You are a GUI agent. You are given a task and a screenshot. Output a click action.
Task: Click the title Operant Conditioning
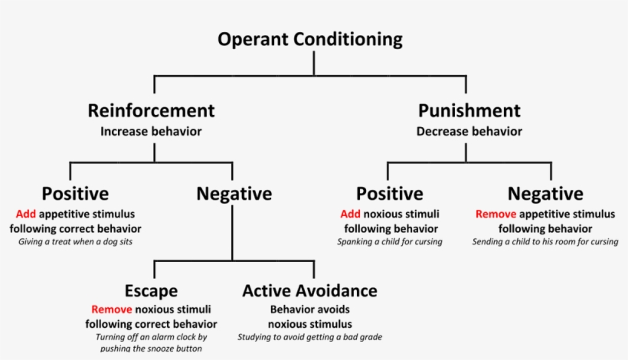pyautogui.click(x=309, y=39)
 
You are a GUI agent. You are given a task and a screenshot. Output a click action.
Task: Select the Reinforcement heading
pyautogui.click(x=151, y=110)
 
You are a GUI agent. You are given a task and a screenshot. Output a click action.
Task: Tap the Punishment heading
pyautogui.click(x=469, y=110)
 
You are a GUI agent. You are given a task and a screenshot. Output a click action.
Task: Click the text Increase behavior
pyautogui.click(x=151, y=131)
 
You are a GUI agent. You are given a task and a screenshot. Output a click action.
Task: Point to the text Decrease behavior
pyautogui.click(x=469, y=131)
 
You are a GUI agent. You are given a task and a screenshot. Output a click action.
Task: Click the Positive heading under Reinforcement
pyautogui.click(x=75, y=194)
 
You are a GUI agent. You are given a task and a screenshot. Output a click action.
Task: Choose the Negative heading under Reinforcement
pyautogui.click(x=234, y=194)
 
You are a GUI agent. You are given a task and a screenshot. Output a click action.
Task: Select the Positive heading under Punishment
pyautogui.click(x=390, y=194)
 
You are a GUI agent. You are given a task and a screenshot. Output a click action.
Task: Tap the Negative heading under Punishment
pyautogui.click(x=545, y=194)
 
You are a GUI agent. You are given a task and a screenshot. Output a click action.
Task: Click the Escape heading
pyautogui.click(x=151, y=291)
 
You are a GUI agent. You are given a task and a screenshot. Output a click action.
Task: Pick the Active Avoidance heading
pyautogui.click(x=309, y=291)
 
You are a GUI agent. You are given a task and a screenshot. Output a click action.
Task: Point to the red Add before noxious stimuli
pyautogui.click(x=351, y=214)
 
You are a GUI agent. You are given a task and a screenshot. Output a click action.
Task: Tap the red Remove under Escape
pyautogui.click(x=112, y=310)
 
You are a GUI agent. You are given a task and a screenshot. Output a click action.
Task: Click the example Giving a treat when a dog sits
pyautogui.click(x=75, y=242)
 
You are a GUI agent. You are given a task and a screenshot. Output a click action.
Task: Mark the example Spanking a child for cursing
pyautogui.click(x=390, y=242)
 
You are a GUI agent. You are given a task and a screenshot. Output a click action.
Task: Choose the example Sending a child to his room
pyautogui.click(x=545, y=242)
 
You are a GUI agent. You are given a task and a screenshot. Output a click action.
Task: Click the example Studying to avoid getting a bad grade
pyautogui.click(x=309, y=337)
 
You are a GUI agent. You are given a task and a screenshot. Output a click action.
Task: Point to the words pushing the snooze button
pyautogui.click(x=151, y=349)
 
